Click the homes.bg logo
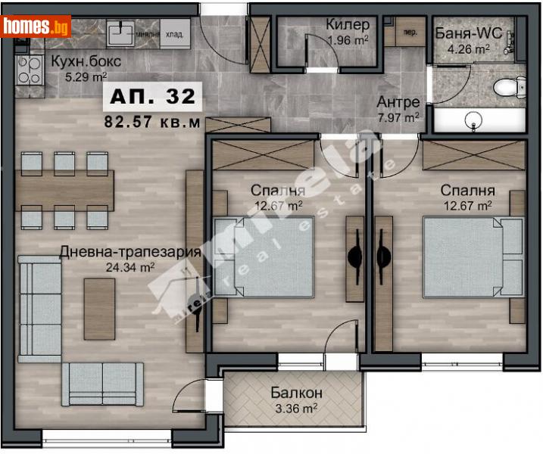coord(36,26)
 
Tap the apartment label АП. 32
coord(152,97)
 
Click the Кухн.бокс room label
coord(86,63)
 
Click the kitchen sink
coord(119,34)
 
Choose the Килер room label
coord(348,25)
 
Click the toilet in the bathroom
coord(504,89)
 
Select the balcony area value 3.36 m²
coord(296,409)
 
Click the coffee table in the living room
coord(99,299)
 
